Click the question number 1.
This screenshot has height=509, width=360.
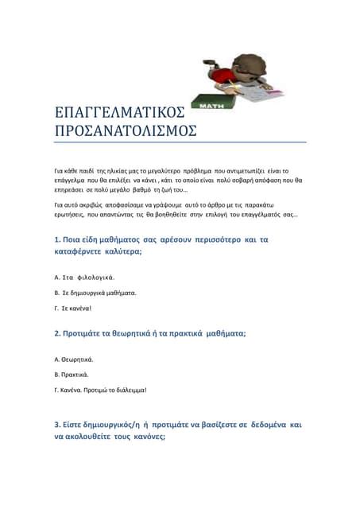point(57,239)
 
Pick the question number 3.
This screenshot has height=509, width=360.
point(57,425)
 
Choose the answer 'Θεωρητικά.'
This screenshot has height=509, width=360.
point(78,359)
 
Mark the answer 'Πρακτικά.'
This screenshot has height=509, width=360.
point(75,374)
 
